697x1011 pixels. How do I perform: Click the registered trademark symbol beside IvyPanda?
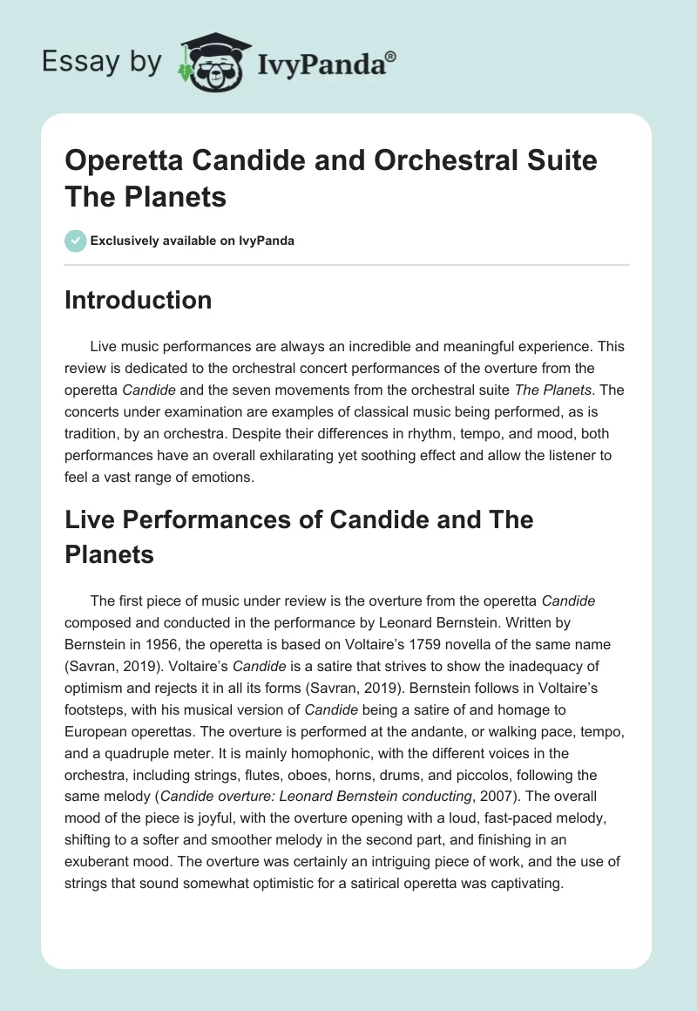[391, 57]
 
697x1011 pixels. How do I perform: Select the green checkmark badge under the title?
[76, 241]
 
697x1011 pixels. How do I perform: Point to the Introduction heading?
[139, 301]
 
